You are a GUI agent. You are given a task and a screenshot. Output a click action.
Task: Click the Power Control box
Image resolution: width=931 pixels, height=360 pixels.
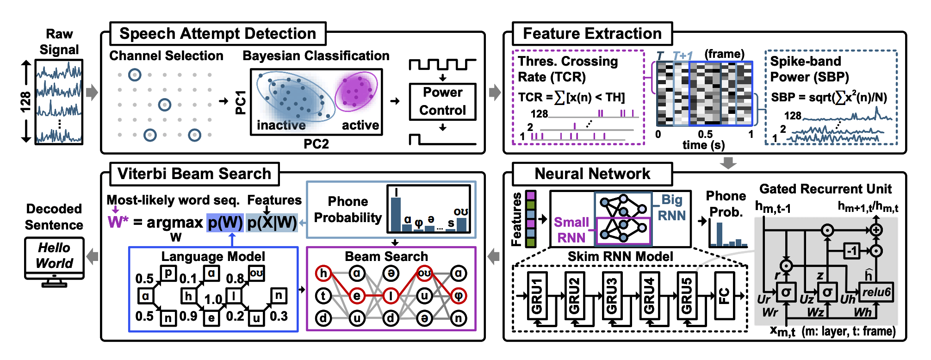tap(442, 101)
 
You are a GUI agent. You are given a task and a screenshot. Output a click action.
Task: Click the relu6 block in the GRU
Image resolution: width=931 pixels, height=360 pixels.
tap(876, 292)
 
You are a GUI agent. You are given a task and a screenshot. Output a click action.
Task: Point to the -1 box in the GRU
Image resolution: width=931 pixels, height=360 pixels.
tap(852, 251)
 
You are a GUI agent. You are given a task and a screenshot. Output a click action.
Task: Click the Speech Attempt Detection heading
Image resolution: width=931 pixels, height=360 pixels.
tap(217, 34)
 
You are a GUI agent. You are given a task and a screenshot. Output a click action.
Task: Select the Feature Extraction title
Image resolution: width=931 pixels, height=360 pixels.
tap(592, 34)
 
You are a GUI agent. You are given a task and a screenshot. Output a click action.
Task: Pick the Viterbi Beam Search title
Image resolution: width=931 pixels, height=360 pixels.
tap(194, 174)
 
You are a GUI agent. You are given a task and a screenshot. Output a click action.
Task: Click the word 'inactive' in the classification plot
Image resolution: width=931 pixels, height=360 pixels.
tap(281, 125)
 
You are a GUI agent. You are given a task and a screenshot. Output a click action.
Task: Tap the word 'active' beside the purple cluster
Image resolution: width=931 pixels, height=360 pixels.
tap(360, 125)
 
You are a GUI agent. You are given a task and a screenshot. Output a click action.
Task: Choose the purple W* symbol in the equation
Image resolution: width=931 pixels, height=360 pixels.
tap(118, 222)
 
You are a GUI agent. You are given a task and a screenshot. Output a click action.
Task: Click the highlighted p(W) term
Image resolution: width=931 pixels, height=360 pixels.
tap(225, 223)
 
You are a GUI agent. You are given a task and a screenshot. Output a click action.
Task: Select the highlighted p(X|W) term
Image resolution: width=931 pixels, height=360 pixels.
tap(272, 223)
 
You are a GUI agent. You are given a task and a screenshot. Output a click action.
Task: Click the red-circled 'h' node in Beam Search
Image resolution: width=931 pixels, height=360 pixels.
tap(323, 273)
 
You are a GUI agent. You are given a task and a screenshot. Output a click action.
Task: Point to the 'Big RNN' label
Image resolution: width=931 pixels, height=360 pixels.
tap(671, 207)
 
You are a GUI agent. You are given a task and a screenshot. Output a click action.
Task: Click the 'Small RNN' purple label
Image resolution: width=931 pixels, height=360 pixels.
tap(571, 230)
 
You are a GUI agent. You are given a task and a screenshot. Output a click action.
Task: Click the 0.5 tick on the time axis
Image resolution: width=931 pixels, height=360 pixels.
tap(705, 135)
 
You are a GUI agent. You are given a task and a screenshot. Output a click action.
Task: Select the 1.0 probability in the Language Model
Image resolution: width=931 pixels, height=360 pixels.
tap(213, 299)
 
